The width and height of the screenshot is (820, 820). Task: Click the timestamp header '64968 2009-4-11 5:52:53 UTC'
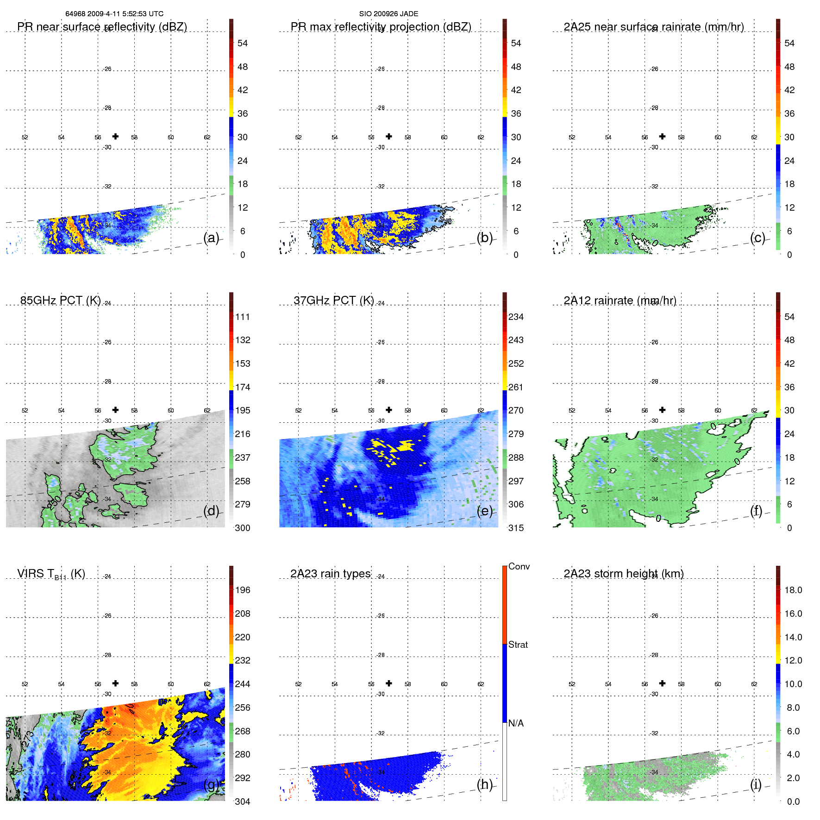coord(114,14)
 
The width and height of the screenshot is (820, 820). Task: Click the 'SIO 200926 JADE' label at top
coord(388,14)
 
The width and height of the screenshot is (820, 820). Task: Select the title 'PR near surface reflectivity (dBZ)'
coord(102,27)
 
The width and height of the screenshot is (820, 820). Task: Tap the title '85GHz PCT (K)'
coord(60,300)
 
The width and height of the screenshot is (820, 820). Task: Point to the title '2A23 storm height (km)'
coord(623,574)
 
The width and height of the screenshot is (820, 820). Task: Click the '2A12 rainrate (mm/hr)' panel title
coord(620,300)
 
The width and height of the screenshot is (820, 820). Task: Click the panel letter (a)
coord(211,238)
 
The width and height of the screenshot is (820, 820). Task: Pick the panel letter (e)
coord(484,511)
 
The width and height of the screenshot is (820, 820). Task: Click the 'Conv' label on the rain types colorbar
coord(519,566)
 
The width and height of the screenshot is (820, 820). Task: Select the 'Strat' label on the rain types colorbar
coord(518,645)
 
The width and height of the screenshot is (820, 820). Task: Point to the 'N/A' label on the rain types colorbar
coord(516,723)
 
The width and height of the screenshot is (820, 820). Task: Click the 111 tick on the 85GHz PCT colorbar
coord(242,317)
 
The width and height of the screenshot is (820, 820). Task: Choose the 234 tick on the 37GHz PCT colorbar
coord(516,317)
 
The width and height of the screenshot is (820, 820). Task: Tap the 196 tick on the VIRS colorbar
coord(242,590)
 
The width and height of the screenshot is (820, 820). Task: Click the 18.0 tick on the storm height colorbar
coord(793,590)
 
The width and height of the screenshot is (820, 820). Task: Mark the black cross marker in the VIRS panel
coord(115,683)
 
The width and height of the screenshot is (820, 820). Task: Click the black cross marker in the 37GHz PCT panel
coord(389,410)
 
